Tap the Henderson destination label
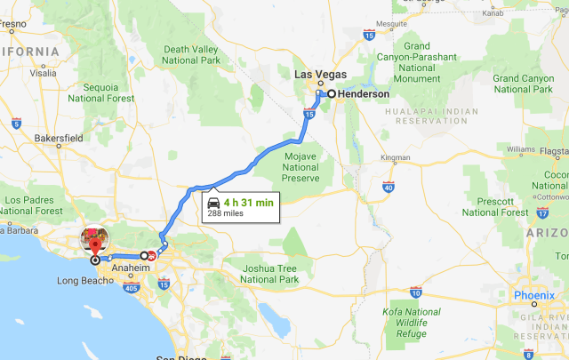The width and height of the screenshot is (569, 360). pyautogui.click(x=363, y=93)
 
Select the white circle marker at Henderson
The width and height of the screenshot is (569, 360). pyautogui.click(x=331, y=93)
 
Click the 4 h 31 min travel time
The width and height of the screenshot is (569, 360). pyautogui.click(x=248, y=203)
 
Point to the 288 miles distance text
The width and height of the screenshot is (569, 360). pyautogui.click(x=226, y=214)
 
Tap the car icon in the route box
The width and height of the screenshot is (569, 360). pyautogui.click(x=213, y=203)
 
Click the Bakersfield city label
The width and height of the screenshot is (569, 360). pyautogui.click(x=59, y=139)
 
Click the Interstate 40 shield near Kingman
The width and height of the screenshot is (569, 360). pyautogui.click(x=389, y=188)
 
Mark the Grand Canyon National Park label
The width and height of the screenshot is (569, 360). pyautogui.click(x=524, y=84)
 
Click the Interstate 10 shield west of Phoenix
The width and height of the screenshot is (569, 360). pyautogui.click(x=416, y=292)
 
